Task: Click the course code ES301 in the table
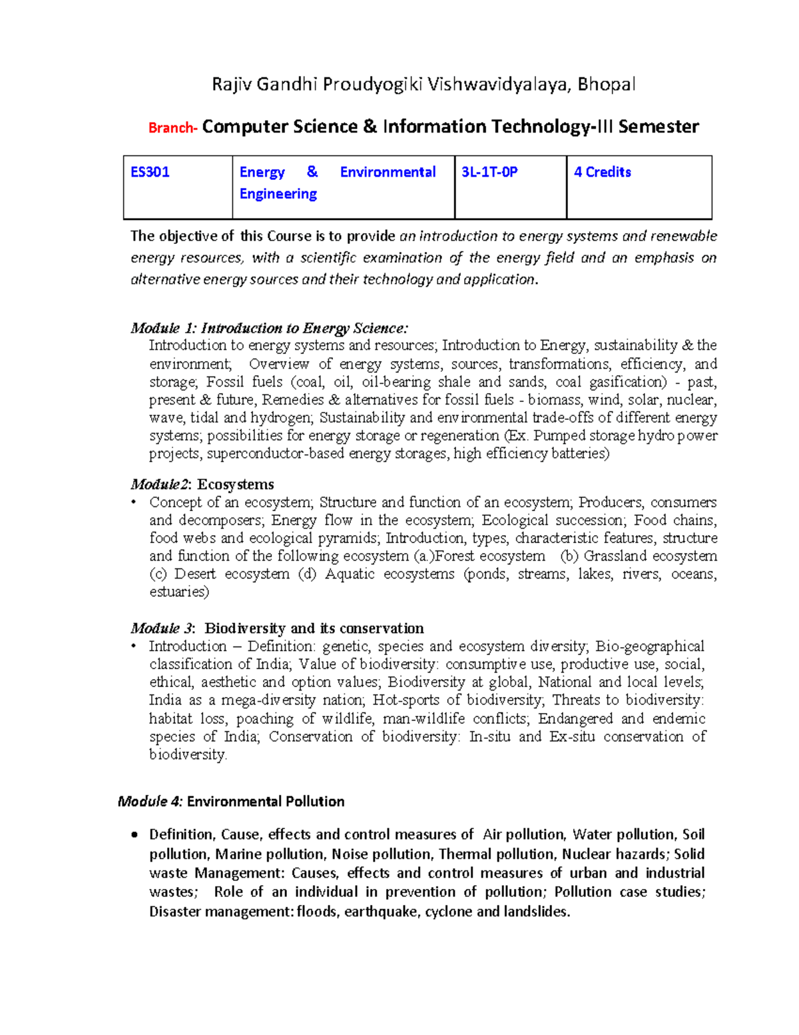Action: tap(150, 172)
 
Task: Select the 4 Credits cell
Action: tap(602, 172)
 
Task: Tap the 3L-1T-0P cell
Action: tap(489, 172)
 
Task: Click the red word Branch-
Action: tap(172, 128)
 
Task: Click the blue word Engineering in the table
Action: tap(278, 194)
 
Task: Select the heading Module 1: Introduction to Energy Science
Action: tap(269, 328)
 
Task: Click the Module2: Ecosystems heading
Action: tap(202, 484)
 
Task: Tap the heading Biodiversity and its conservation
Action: tap(314, 628)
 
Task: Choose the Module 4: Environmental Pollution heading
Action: tap(231, 802)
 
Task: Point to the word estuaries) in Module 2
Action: tap(179, 592)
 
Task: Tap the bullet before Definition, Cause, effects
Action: tap(135, 835)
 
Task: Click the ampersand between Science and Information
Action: tap(370, 127)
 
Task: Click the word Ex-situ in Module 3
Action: tap(572, 736)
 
